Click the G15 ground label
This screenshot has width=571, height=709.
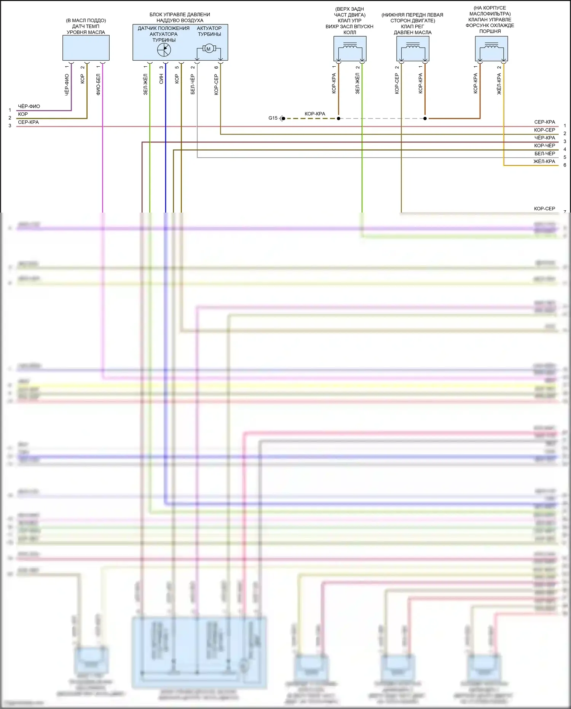point(273,118)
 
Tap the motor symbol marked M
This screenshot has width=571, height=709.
point(208,49)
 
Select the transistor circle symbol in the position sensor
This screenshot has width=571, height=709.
point(164,49)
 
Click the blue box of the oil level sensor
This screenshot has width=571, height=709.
point(86,48)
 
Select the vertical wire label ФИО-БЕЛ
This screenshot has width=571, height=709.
point(98,84)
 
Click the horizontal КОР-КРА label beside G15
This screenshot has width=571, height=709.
point(315,114)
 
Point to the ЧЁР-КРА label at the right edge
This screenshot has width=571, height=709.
point(544,138)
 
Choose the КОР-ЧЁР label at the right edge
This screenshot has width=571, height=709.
point(544,146)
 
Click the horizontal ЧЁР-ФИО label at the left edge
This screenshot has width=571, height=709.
point(29,106)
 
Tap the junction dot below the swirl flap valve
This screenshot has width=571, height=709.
point(338,118)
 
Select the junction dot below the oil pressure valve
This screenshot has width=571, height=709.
point(425,118)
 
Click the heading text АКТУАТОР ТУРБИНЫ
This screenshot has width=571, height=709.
point(209,31)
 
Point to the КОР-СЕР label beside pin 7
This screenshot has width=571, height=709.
point(544,209)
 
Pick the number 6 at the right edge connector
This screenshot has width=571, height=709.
point(565,165)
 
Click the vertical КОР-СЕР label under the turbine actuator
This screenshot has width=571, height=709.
point(216,84)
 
